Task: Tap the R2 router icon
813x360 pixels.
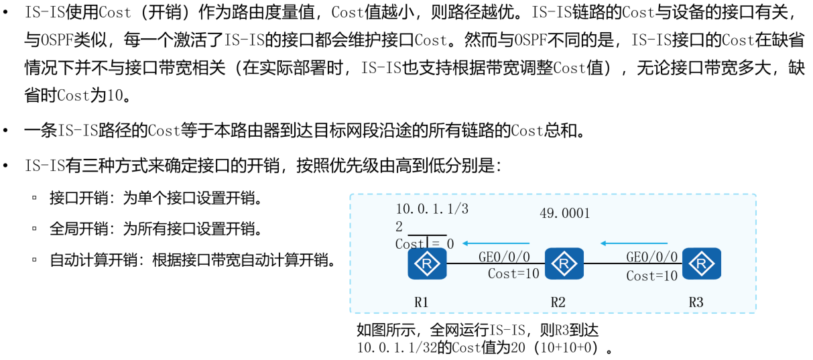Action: (564, 263)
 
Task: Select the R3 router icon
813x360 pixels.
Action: (702, 263)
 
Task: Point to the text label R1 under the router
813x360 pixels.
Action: (421, 302)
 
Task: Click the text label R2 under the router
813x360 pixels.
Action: (558, 302)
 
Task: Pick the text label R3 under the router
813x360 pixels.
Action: (696, 302)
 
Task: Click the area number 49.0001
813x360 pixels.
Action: (564, 213)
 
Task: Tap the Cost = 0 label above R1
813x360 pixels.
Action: (424, 244)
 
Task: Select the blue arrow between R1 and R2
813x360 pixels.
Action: (497, 243)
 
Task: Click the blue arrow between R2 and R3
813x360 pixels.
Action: (634, 243)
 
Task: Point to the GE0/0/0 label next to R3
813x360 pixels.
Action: (652, 257)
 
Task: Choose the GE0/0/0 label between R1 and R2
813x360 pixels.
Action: (504, 257)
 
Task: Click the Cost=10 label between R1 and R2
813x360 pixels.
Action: (513, 274)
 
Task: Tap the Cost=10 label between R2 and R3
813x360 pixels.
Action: (652, 276)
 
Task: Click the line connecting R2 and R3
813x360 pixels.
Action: (633, 264)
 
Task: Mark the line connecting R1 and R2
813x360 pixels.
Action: (495, 264)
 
